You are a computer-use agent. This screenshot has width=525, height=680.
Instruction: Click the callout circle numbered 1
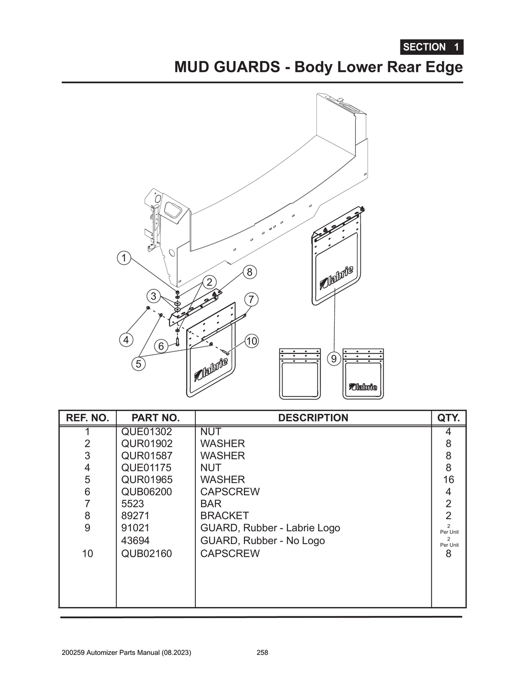124,257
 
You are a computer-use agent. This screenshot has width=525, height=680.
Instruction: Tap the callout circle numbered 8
249,272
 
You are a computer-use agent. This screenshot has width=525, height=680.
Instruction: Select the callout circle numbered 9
334,358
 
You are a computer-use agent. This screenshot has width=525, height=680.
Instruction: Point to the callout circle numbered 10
251,341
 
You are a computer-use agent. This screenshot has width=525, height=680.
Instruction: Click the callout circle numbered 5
138,364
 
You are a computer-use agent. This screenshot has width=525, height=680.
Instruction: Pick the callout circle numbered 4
126,339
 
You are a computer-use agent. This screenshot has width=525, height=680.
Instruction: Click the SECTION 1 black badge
431,47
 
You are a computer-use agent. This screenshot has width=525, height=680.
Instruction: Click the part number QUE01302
147,432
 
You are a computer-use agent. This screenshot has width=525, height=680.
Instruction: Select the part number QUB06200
147,492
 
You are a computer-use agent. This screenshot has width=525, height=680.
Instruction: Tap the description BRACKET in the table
224,515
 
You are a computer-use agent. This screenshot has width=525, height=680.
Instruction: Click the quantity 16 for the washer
448,479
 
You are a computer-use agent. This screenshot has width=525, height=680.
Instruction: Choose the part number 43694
135,541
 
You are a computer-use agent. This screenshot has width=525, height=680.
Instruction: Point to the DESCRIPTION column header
313,418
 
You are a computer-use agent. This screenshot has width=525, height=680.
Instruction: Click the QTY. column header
448,418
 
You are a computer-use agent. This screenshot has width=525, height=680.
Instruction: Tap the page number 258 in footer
262,653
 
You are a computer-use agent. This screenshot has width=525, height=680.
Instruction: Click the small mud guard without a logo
299,374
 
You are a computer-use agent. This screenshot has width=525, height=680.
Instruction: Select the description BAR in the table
211,504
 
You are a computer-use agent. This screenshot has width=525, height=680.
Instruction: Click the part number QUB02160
147,553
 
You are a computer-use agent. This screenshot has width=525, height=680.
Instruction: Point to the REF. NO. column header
88,418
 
